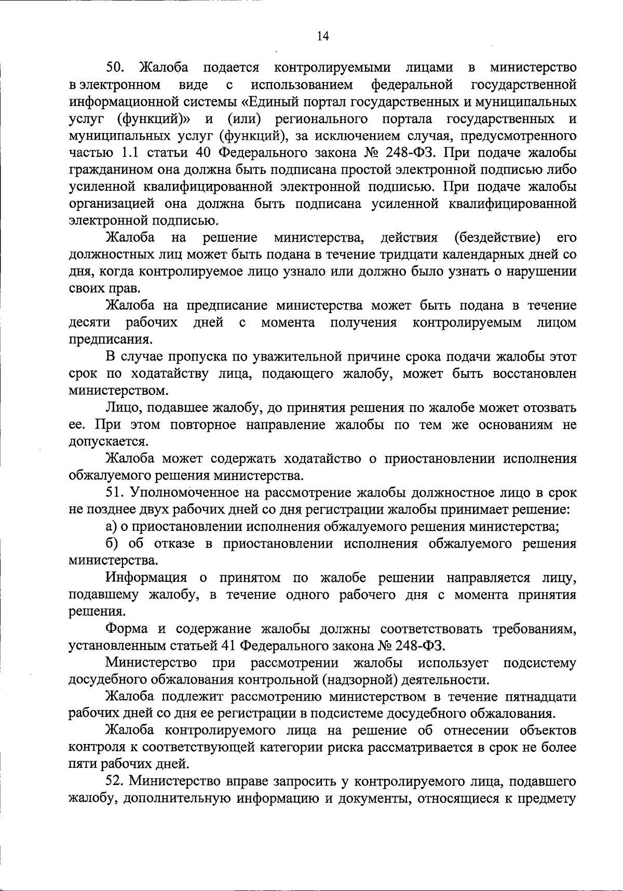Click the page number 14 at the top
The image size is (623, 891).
click(x=322, y=36)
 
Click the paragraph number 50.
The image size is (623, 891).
click(x=115, y=68)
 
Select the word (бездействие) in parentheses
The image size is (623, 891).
click(x=497, y=238)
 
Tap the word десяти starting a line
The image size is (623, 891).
click(x=89, y=323)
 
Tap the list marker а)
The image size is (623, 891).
click(x=111, y=526)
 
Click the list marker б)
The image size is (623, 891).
click(x=112, y=543)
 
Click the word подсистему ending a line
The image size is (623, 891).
click(x=540, y=663)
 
